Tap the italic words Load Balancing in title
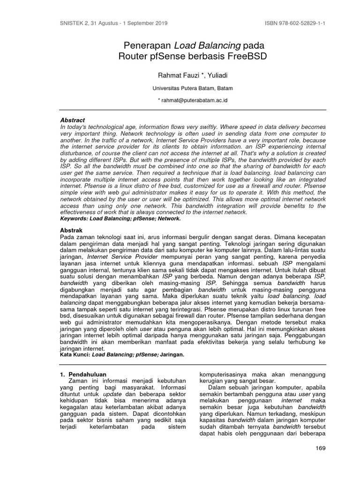[x=208, y=45]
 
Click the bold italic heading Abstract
[x=73, y=120]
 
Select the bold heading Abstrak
[x=71, y=230]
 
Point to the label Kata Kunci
[x=75, y=355]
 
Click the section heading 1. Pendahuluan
[x=83, y=374]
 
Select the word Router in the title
[x=134, y=57]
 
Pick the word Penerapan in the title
[x=147, y=45]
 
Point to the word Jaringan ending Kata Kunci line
[x=172, y=355]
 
